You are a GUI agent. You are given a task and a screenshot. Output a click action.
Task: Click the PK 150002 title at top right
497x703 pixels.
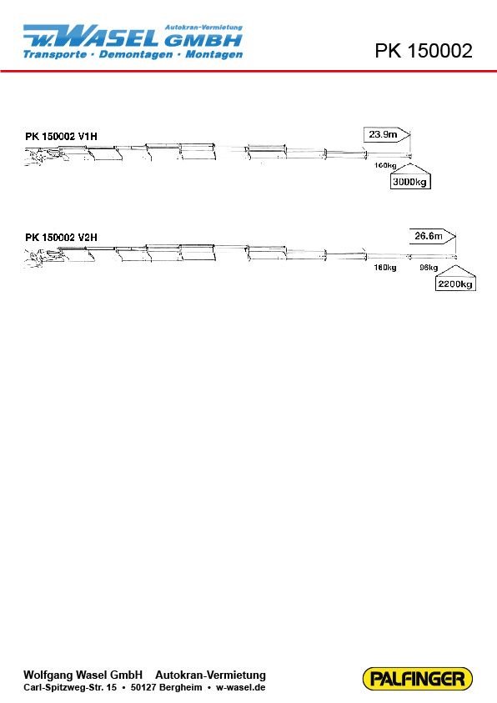[424, 51]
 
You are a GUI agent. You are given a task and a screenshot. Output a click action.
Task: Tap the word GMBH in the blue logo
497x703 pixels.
[203, 40]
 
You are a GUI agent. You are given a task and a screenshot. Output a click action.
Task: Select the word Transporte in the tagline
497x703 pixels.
[55, 54]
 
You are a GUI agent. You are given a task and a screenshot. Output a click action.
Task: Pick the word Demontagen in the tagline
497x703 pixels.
[136, 54]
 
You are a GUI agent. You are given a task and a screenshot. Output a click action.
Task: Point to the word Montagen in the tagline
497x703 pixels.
[213, 54]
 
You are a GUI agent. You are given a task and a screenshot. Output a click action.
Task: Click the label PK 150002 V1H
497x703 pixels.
[61, 136]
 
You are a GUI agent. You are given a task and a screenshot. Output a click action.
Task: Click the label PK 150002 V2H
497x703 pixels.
[61, 237]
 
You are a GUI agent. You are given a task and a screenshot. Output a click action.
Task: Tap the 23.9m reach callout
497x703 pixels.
[387, 134]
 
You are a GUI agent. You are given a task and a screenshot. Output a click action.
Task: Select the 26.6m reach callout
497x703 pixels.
[433, 236]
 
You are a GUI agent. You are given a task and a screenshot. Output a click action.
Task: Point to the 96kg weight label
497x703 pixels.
[429, 268]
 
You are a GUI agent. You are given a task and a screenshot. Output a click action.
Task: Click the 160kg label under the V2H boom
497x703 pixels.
[385, 268]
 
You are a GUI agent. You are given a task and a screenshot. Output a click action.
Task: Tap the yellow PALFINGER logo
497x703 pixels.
[417, 678]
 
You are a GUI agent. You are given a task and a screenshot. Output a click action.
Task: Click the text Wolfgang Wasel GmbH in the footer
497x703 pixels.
[83, 675]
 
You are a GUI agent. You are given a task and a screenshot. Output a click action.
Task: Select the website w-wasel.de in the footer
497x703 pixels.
[241, 687]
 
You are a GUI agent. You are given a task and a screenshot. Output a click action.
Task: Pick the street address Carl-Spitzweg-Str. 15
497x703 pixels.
[70, 687]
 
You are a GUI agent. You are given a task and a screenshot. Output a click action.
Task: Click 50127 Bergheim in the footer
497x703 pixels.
[166, 687]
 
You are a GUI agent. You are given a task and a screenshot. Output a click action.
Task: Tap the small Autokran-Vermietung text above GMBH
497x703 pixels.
[204, 28]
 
